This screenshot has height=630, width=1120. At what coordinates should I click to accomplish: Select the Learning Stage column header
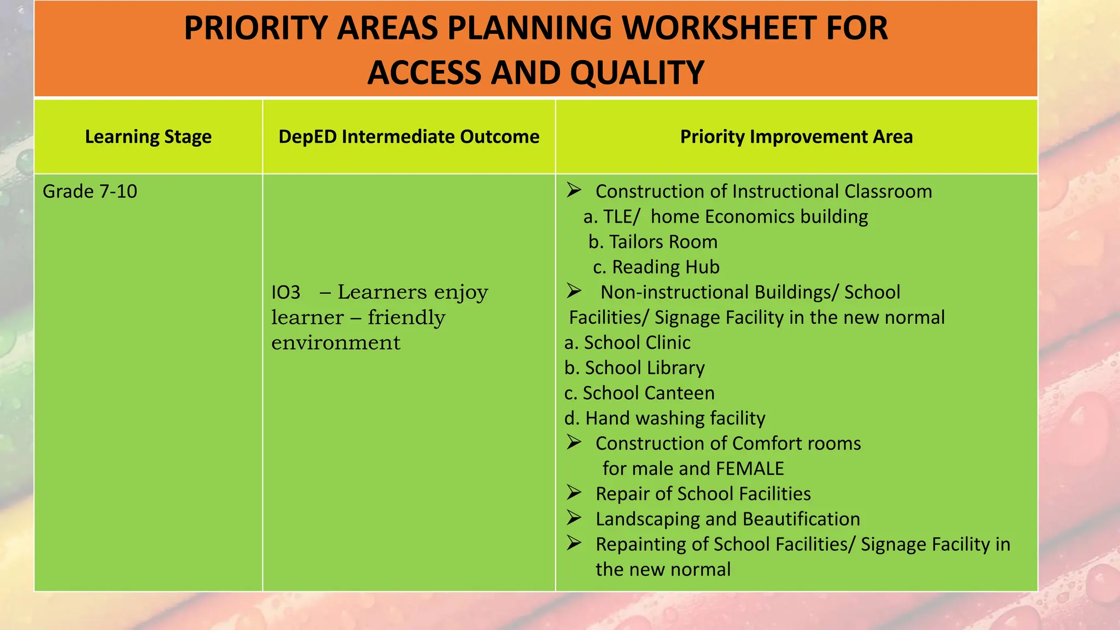[148, 137]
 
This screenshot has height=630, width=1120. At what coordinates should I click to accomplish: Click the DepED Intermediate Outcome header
[409, 137]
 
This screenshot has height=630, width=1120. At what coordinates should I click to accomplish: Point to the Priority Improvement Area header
[796, 137]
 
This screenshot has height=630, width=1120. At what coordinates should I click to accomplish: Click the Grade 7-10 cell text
[90, 191]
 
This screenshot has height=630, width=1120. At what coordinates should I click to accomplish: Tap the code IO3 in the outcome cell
[285, 293]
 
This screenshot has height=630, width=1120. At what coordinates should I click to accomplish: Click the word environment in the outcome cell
[336, 343]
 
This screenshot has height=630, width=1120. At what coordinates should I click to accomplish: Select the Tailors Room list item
[653, 242]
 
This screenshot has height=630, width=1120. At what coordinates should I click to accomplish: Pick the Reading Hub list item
[656, 267]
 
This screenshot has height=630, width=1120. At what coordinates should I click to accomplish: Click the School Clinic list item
[627, 343]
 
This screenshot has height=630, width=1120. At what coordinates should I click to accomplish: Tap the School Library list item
[634, 368]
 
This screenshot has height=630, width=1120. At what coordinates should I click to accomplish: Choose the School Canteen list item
[639, 393]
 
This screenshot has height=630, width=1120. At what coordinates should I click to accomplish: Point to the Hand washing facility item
[664, 418]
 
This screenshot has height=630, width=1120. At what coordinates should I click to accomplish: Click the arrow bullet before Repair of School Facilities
[574, 493]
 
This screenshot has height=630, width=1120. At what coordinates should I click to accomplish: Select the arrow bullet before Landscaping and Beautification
[574, 518]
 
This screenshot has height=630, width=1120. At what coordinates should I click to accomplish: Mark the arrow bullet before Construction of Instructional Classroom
[574, 190]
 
